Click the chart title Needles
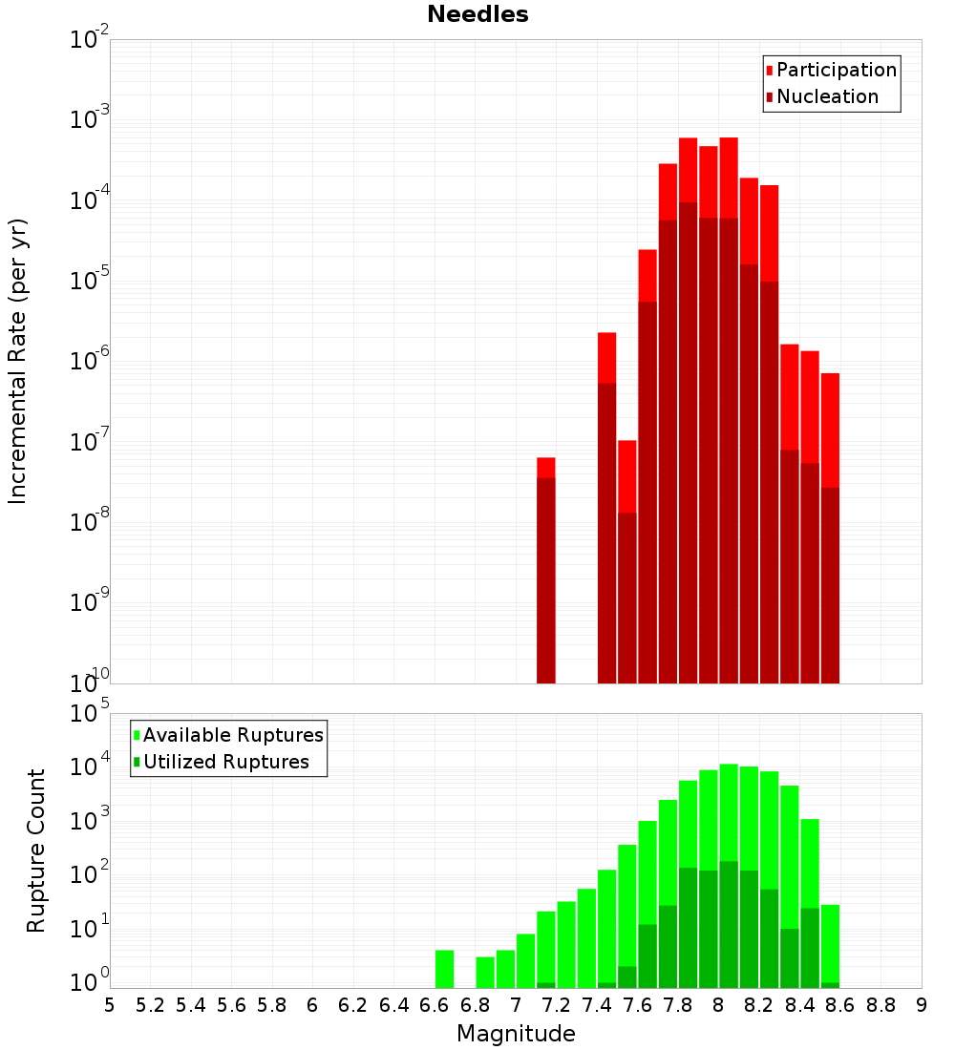tap(477, 14)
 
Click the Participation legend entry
tap(837, 70)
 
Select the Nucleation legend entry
tap(827, 96)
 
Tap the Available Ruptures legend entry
tap(233, 735)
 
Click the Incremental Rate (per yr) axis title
tap(18, 361)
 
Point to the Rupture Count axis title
tap(36, 850)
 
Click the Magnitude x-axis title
tap(516, 1033)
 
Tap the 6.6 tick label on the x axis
tap(435, 1005)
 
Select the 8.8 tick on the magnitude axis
tap(881, 1005)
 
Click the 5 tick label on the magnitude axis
tap(110, 1005)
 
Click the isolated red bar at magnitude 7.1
tap(546, 573)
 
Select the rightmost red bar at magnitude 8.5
tap(830, 525)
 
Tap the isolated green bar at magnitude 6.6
tap(444, 968)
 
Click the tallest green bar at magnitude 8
tap(729, 859)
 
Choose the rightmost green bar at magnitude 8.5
tap(830, 945)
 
